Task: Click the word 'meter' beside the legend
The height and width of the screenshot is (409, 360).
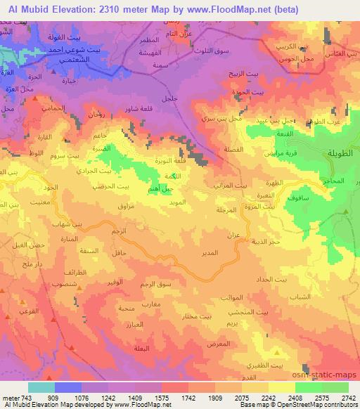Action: tap(10, 397)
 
